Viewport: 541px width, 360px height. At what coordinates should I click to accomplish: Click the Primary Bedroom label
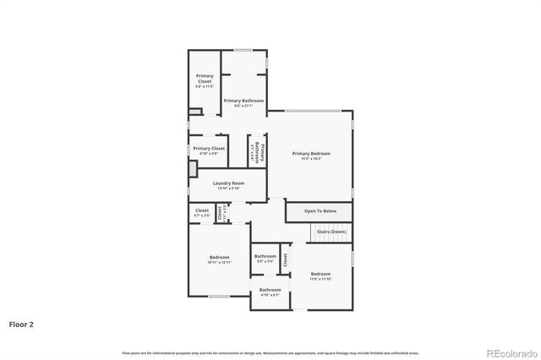[x=311, y=155]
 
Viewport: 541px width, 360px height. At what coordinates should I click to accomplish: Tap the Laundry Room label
[x=228, y=185]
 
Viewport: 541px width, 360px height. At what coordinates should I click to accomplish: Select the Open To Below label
[x=320, y=210]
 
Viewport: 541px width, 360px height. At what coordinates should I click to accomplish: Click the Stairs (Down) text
[x=331, y=231]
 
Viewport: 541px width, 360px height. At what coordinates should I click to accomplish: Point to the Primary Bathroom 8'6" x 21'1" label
[x=243, y=102]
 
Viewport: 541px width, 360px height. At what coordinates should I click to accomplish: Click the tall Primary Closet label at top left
[x=205, y=81]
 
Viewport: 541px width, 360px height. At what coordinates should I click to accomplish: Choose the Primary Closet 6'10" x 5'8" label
[x=209, y=150]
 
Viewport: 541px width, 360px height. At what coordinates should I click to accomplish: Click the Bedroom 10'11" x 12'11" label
[x=219, y=260]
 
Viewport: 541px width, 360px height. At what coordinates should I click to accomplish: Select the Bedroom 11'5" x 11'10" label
[x=320, y=275]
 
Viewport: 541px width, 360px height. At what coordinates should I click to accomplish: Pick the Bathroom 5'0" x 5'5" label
[x=265, y=258]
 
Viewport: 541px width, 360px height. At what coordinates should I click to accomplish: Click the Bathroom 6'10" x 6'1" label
[x=270, y=292]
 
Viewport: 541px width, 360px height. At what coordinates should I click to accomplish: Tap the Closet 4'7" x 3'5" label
[x=202, y=212]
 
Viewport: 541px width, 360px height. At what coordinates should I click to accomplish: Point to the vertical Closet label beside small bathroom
[x=286, y=259]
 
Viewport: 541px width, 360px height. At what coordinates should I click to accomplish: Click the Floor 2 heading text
[x=21, y=324]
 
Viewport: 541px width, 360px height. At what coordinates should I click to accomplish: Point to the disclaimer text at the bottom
[x=270, y=352]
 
